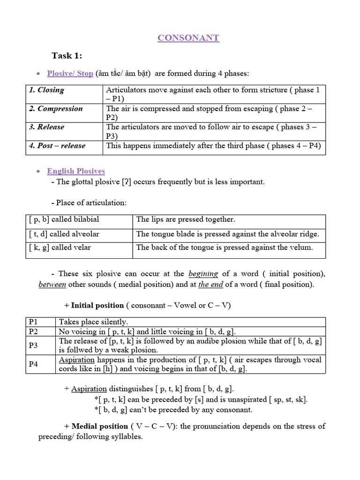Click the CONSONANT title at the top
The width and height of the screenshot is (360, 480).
pos(188,38)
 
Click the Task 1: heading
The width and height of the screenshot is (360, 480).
pos(67,56)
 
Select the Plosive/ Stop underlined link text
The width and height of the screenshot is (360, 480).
pos(70,74)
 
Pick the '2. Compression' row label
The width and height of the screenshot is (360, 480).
pos(56,109)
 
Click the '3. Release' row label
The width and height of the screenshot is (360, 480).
pos(47,127)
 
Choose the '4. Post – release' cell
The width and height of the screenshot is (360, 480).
pos(57,146)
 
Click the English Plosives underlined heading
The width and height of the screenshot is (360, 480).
pos(76,171)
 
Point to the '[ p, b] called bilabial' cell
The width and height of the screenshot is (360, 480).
pos(64,219)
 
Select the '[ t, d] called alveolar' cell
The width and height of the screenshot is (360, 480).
pos(64,234)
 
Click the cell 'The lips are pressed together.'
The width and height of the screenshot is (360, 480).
pos(186,219)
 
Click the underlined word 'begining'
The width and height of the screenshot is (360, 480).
pos(203,274)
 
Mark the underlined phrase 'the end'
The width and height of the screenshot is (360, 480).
pos(210,285)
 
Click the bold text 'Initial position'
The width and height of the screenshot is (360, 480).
pos(97,306)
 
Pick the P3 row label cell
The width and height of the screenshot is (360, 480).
pos(33,345)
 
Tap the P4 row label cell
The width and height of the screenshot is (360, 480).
pos(33,364)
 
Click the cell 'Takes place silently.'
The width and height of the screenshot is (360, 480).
pos(93,322)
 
